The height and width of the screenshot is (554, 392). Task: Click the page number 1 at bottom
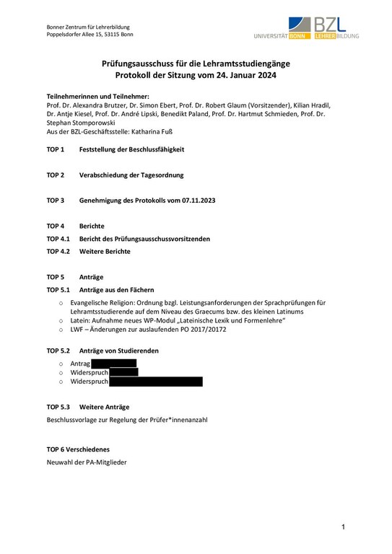[344, 528]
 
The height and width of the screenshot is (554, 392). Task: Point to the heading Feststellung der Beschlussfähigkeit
[131, 149]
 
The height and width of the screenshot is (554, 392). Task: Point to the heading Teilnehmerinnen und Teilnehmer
[97, 96]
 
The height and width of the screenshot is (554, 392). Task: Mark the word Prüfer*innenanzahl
[178, 419]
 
